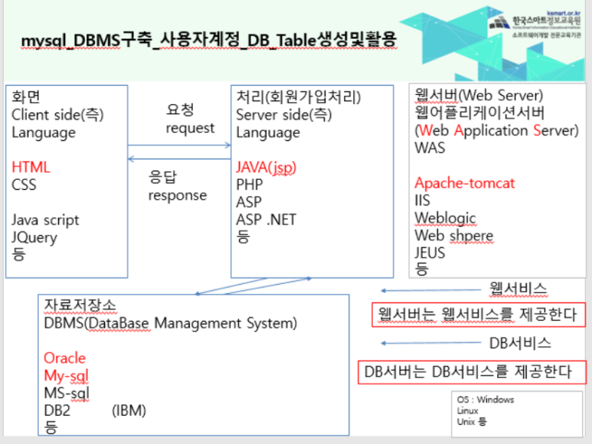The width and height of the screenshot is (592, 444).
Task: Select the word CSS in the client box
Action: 24,184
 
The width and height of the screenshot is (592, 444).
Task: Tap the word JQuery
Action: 34,237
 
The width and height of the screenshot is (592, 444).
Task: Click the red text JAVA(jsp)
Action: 266,167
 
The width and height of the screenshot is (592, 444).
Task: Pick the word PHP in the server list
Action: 249,184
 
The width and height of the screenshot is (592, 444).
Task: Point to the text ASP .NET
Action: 266,220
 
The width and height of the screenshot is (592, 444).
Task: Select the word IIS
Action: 423,201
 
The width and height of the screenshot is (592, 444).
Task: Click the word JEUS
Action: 430,252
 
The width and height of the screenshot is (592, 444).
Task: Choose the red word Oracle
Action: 64,358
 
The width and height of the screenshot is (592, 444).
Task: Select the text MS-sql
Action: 67,393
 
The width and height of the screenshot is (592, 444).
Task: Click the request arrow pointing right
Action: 179,145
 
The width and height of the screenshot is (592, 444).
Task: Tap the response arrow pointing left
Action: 179,159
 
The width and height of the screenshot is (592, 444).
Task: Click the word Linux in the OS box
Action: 467,411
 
